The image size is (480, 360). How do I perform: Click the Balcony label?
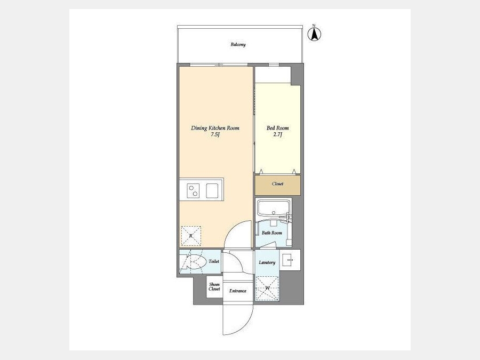click(x=238, y=45)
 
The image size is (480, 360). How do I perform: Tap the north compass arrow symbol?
click(x=314, y=34)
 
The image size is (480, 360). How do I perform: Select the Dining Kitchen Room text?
click(x=215, y=128)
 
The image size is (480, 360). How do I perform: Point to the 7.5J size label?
click(x=215, y=135)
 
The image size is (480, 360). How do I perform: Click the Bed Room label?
click(x=277, y=128)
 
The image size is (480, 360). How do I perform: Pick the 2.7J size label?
click(x=277, y=135)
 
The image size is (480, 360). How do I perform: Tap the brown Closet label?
click(x=277, y=184)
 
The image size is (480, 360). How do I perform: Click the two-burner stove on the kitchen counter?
click(x=193, y=190)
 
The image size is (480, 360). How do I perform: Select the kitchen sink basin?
click(x=212, y=190)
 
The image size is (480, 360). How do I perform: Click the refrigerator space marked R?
click(x=191, y=236)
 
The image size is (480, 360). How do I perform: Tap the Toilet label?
click(x=214, y=262)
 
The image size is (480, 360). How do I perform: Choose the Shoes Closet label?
click(x=214, y=287)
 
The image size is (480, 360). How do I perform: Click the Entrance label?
click(x=238, y=291)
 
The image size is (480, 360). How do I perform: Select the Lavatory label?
click(x=267, y=262)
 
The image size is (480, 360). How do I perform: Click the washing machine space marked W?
click(x=267, y=288)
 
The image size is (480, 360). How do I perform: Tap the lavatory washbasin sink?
click(x=287, y=260)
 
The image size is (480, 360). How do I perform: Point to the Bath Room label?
click(x=272, y=233)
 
